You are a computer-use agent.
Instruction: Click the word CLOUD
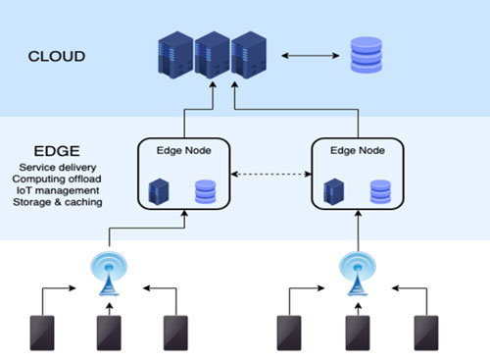56,56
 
